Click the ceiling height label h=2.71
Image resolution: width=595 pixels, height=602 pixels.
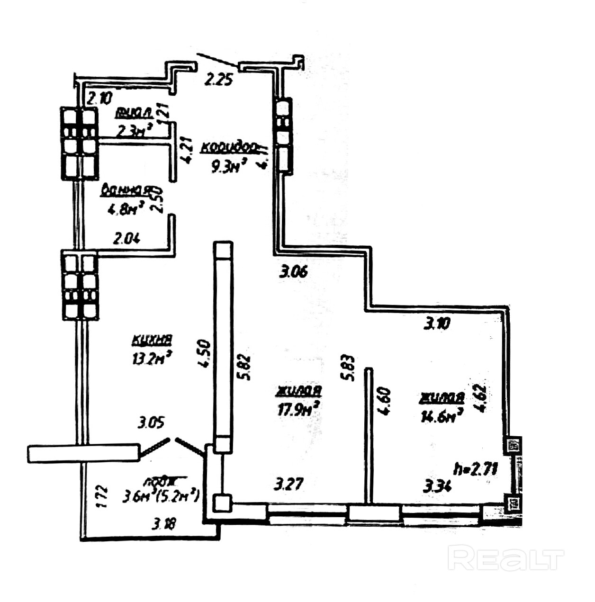[475, 469]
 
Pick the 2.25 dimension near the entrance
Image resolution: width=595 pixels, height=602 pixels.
[218, 79]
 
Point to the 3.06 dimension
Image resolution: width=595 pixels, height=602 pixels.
[294, 271]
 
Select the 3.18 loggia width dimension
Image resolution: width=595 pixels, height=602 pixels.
[164, 523]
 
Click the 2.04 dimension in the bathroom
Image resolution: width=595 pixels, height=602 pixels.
[126, 239]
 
